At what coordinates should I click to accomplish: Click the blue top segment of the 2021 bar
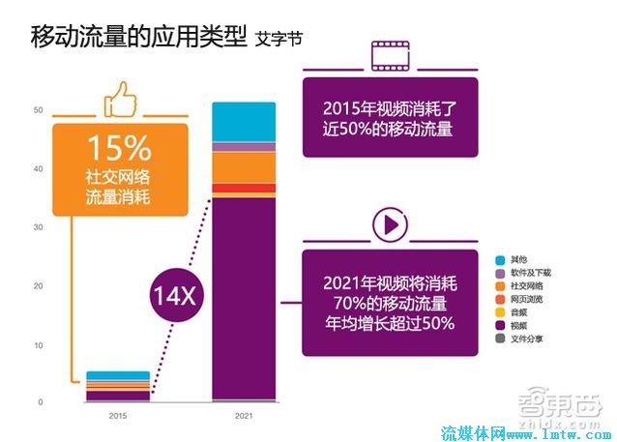pos(244,121)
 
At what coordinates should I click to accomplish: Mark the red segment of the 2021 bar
pos(244,188)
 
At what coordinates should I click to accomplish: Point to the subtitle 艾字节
pos(279,41)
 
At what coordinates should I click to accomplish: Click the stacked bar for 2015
pos(118,386)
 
